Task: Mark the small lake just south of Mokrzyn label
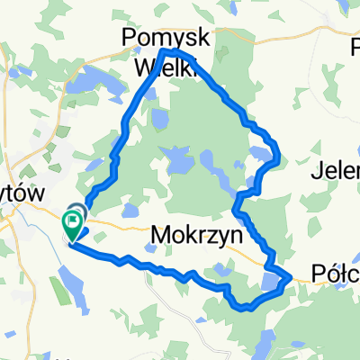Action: pos(223,267)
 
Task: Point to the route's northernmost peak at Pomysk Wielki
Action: pos(166,51)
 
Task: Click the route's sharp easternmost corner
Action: pos(292,278)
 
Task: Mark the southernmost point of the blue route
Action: pos(243,309)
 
